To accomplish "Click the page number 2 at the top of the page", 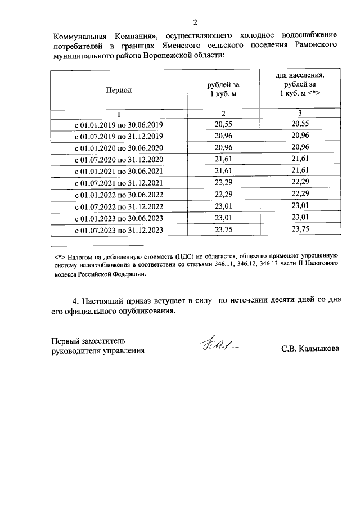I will [x=195, y=22].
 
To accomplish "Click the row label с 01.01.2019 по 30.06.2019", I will [x=118, y=124].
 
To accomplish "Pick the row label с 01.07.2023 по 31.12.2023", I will [x=118, y=231].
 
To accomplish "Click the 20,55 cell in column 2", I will [x=223, y=124].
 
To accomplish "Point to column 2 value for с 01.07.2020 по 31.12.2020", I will [x=223, y=159].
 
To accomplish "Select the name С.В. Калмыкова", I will [x=310, y=349].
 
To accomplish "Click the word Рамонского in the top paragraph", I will [x=310, y=45].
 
